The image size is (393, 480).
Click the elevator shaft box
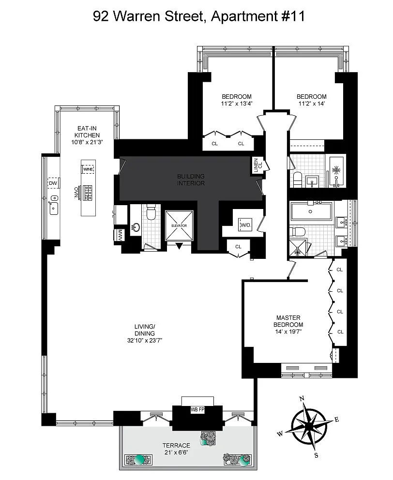coord(179,225)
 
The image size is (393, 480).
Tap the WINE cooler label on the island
coord(88,169)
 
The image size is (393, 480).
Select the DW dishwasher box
coord(53,183)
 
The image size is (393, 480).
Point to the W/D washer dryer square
coord(245,225)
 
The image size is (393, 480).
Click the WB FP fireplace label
coord(197,409)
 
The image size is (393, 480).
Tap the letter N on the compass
coord(302,399)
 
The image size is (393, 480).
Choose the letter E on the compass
coord(337,420)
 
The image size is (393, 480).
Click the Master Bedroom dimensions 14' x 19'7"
coord(288,331)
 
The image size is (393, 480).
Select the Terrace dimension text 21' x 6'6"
coord(176,452)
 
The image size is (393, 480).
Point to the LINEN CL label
coord(258,165)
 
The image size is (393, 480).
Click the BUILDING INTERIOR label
coord(191,180)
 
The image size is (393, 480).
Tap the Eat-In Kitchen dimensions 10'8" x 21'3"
coord(87,142)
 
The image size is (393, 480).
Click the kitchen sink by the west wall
coord(54,205)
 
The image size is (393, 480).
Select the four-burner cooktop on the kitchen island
coord(87,193)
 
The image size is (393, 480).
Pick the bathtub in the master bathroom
coord(311,211)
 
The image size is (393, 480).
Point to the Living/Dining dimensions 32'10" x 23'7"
coord(145,341)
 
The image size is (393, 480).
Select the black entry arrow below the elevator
coord(179,246)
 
